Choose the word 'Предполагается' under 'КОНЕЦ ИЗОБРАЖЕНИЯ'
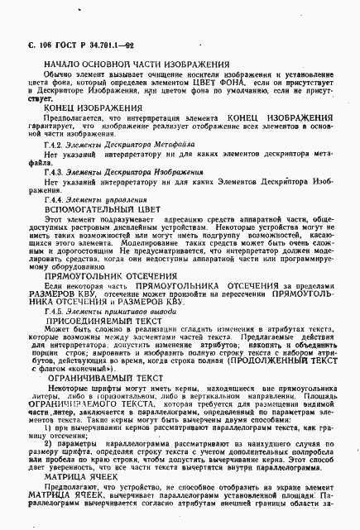(78, 120)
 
